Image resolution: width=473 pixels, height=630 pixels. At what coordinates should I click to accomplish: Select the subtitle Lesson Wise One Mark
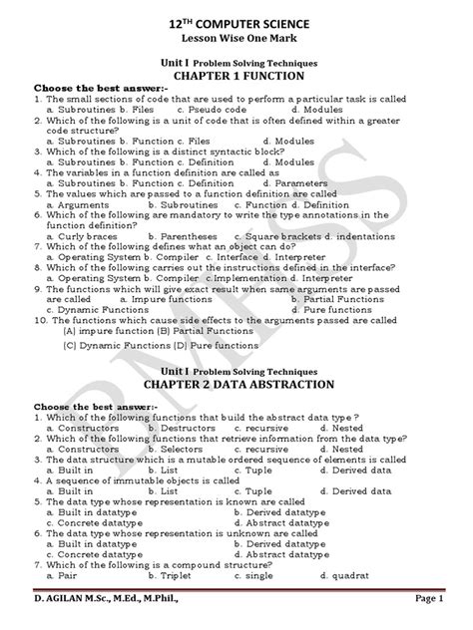pyautogui.click(x=236, y=38)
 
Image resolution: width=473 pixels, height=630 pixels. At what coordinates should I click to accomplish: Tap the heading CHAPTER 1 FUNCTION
pyautogui.click(x=236, y=77)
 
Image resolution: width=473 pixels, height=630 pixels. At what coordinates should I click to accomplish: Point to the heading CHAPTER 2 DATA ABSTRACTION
pyautogui.click(x=236, y=353)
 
